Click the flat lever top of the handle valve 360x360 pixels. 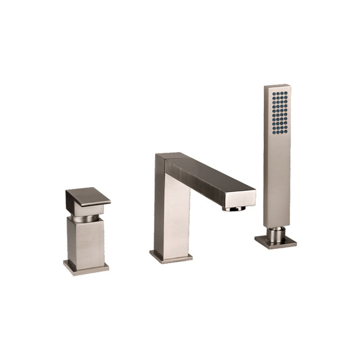point(88,195)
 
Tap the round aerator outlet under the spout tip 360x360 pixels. point(234,209)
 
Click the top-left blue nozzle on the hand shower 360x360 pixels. point(273,94)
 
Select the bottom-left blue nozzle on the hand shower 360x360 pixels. point(273,132)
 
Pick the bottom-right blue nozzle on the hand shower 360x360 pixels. point(286,132)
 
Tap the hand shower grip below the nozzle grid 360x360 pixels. point(277,180)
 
